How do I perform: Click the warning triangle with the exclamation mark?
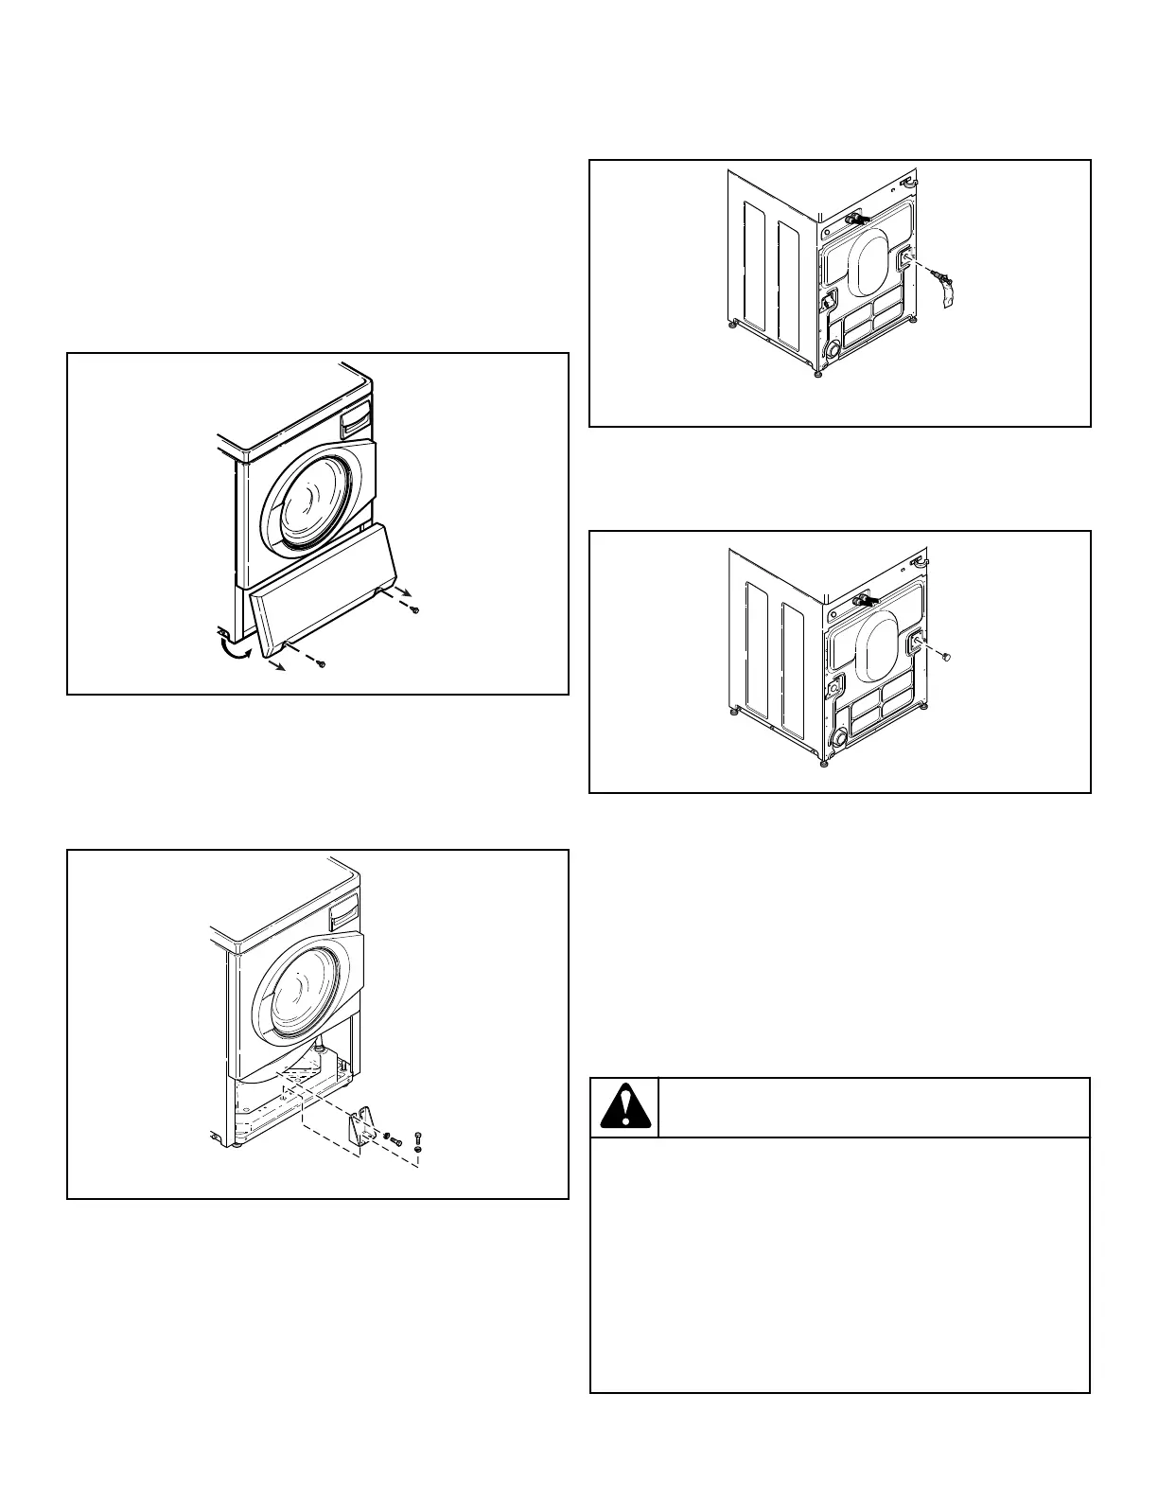coord(623,1107)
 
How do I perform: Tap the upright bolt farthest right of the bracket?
coord(418,1140)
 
